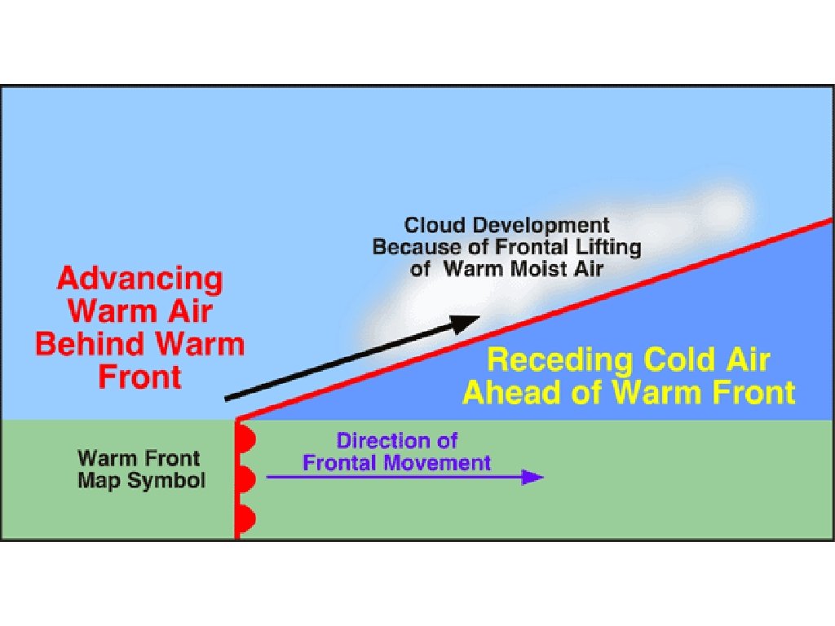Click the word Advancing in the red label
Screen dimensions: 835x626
pos(139,280)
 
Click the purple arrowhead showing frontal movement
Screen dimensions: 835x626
pos(533,477)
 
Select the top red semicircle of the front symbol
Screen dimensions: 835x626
pos(246,440)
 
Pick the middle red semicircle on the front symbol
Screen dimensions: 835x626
pos(246,478)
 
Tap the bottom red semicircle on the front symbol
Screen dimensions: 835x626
pos(246,518)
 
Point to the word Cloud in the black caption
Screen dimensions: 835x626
pos(433,225)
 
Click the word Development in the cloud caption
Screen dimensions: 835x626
pos(538,225)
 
